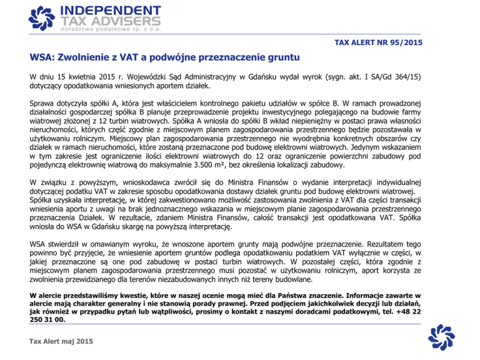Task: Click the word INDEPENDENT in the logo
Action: point(110,10)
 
